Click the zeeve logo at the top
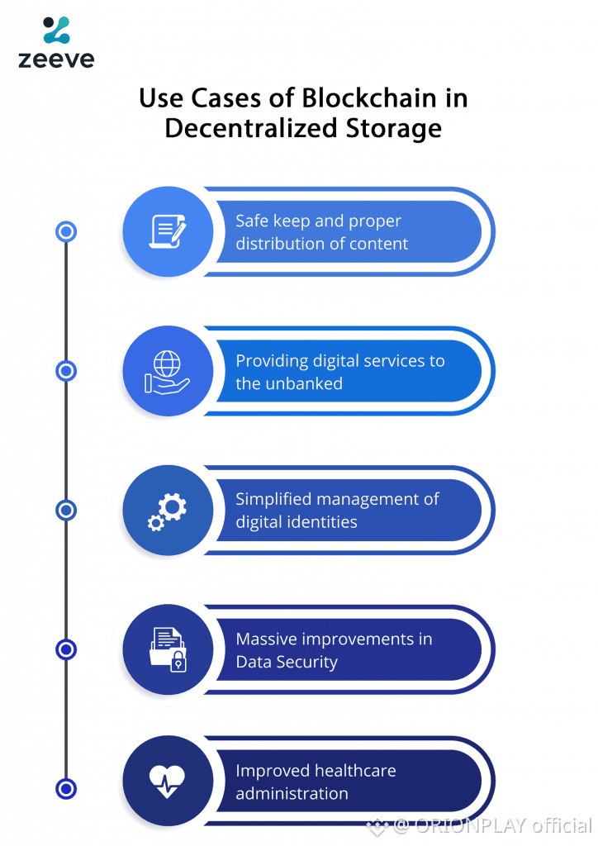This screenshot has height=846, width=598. pyautogui.click(x=56, y=42)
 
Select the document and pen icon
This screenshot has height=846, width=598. pyautogui.click(x=168, y=231)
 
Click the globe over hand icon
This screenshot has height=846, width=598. pyautogui.click(x=167, y=371)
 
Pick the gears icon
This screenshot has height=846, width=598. pyautogui.click(x=168, y=510)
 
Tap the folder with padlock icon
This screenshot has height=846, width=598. pyautogui.click(x=168, y=649)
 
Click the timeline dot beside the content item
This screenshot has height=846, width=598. pyautogui.click(x=66, y=232)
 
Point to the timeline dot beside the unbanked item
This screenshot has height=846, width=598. pyautogui.click(x=66, y=371)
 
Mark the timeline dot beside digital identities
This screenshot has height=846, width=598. pyautogui.click(x=66, y=510)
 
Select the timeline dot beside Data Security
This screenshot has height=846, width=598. pyautogui.click(x=66, y=649)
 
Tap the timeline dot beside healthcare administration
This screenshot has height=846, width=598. pyautogui.click(x=66, y=788)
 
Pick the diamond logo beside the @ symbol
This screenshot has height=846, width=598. pyautogui.click(x=377, y=824)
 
